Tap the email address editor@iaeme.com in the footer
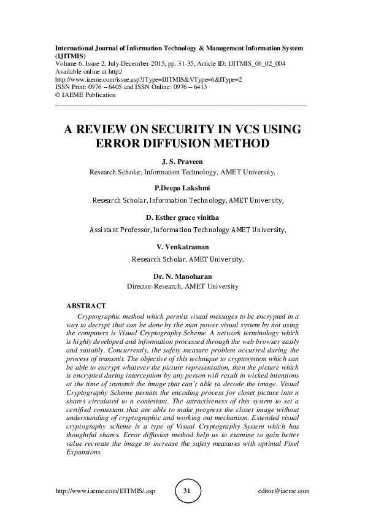click(x=283, y=491)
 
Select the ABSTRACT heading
click(x=86, y=305)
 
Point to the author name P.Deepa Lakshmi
click(x=182, y=187)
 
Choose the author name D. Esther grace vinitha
click(x=183, y=217)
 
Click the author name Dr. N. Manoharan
click(x=182, y=276)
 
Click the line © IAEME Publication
click(x=85, y=95)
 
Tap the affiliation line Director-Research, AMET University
click(x=182, y=286)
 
